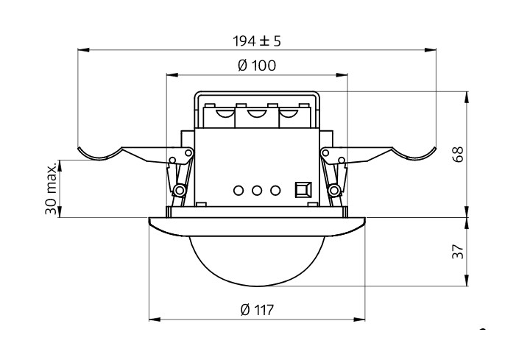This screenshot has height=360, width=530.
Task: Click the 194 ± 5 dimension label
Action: coord(256,40)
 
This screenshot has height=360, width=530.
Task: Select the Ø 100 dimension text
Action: coord(257,66)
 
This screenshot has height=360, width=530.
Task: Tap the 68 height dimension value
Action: coord(457,155)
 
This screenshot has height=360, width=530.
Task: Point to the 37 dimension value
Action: coord(457,253)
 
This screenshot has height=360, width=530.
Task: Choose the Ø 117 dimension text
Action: coord(257,310)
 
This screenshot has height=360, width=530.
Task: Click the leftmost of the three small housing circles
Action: coord(239,190)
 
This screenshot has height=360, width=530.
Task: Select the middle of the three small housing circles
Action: coord(257,190)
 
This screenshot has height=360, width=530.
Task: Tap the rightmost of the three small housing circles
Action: coord(275,190)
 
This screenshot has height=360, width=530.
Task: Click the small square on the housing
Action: coord(301,190)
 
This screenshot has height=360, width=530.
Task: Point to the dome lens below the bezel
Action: coord(256,261)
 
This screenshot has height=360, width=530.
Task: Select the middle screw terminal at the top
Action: coord(257,114)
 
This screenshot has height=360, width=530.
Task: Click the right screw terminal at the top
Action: coord(292,114)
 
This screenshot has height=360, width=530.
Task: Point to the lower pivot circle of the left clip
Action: coord(179,191)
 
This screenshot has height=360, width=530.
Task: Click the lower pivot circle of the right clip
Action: coord(334,191)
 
